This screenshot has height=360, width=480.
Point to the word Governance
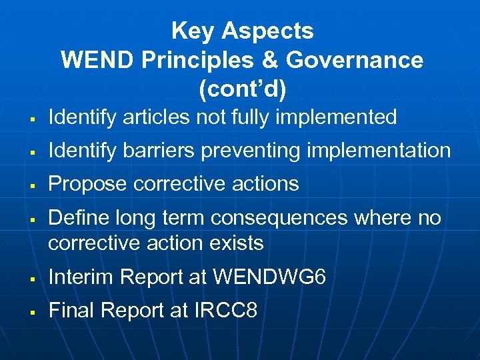[x=355, y=60]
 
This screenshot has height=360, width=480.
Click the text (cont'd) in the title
[x=242, y=88]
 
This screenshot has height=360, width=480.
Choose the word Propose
[x=87, y=185]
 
